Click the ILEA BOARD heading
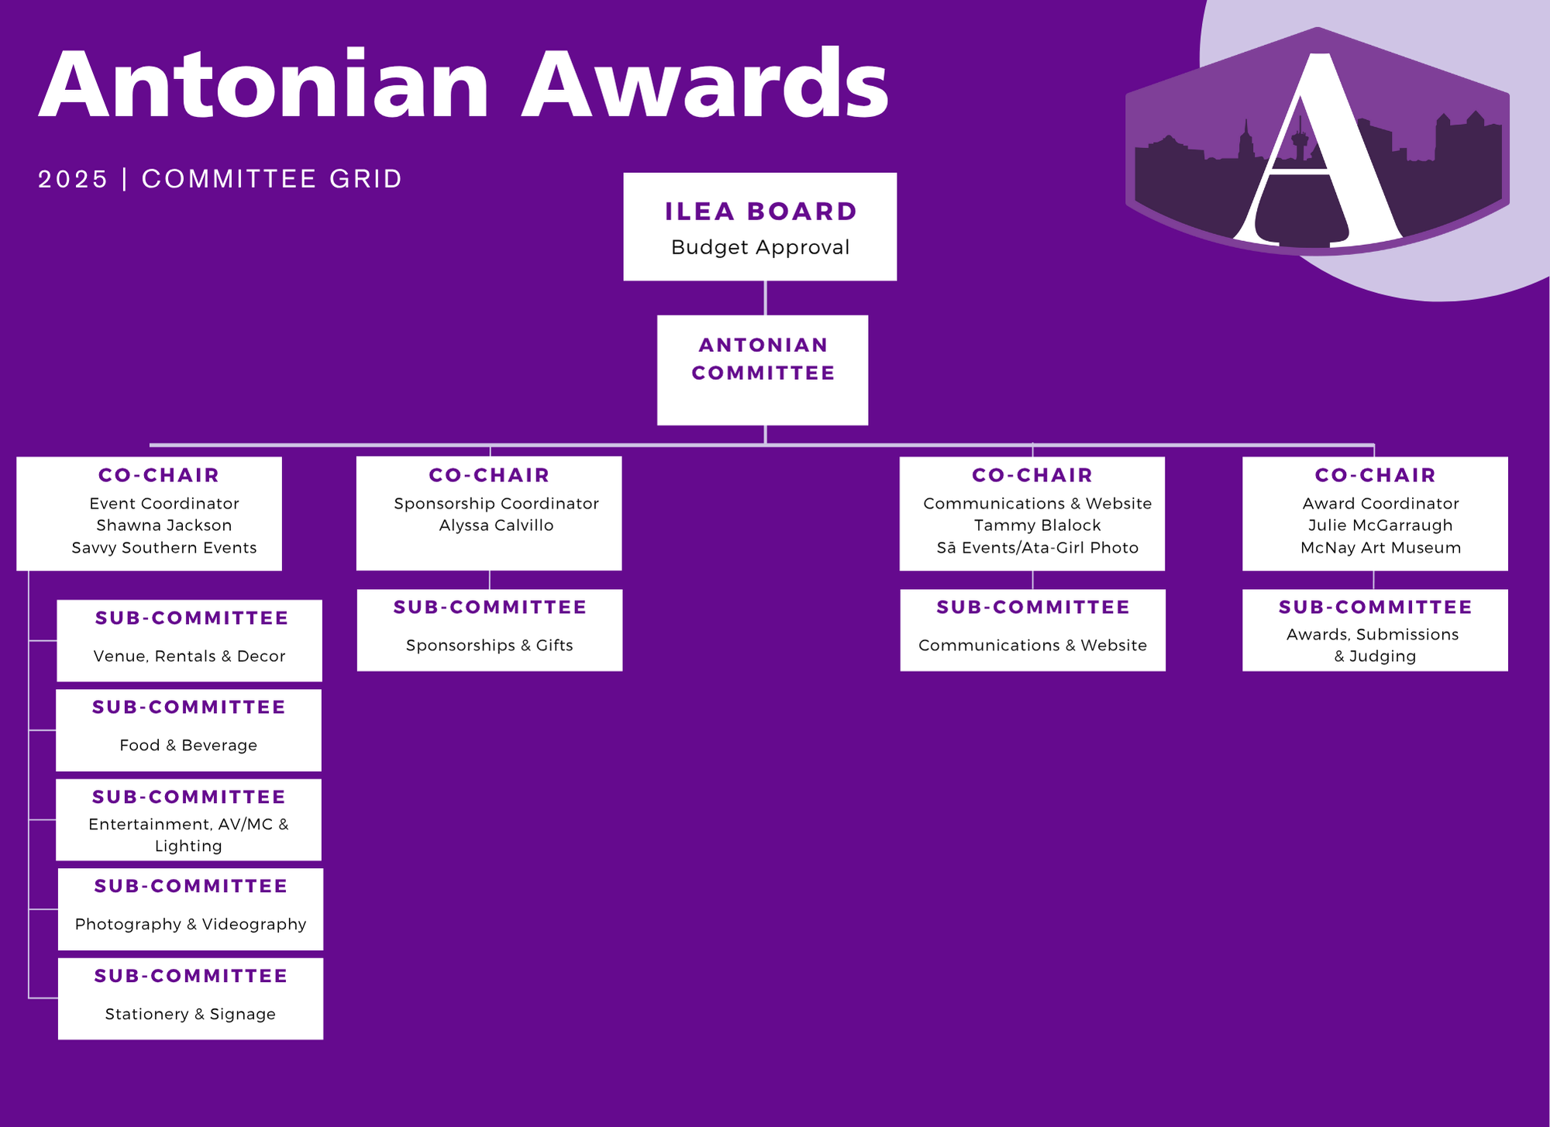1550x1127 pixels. point(760,212)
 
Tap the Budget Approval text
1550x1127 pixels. point(760,247)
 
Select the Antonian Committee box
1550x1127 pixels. point(763,370)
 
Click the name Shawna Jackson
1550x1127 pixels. point(164,526)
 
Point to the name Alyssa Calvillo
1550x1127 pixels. point(496,526)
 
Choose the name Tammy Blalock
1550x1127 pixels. point(1037,526)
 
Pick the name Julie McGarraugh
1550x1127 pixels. point(1380,526)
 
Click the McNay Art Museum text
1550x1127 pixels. point(1380,548)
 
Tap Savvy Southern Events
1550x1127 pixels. point(164,548)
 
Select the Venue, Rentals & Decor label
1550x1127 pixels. point(189,657)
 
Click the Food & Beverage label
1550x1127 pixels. point(188,746)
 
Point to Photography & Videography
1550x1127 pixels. point(191,925)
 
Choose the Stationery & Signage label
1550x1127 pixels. point(191,1015)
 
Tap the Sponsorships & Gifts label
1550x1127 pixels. point(489,646)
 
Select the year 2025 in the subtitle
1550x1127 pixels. point(73,179)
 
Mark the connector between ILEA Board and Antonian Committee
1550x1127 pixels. point(765,298)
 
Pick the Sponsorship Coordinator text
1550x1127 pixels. point(496,504)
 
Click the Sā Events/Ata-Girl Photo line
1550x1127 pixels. point(1037,548)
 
